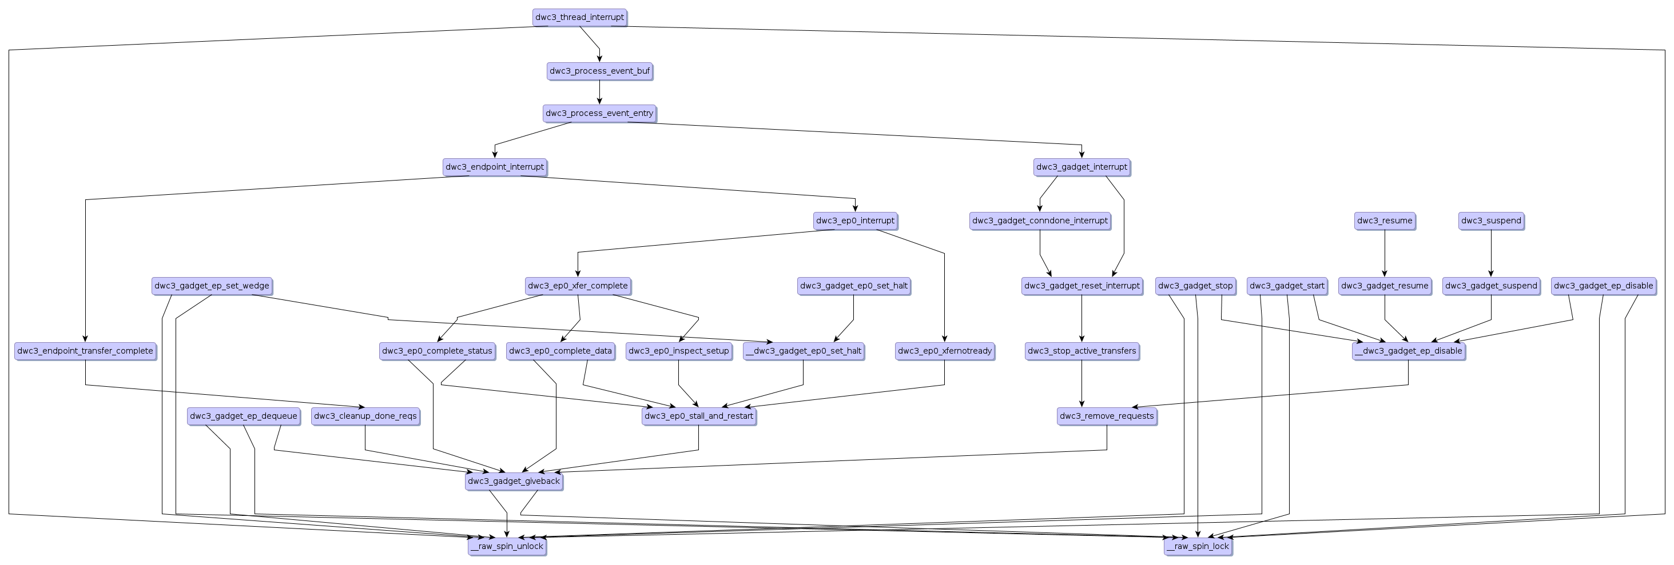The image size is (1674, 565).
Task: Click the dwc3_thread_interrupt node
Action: tap(579, 18)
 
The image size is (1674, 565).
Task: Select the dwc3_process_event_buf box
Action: tap(599, 71)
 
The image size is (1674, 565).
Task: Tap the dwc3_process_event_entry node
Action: tap(599, 114)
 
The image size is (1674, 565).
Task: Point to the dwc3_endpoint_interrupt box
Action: tap(495, 167)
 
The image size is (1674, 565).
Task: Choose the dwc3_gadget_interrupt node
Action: tap(1081, 167)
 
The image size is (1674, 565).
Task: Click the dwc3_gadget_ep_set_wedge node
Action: tap(211, 286)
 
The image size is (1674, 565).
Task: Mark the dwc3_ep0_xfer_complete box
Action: tap(578, 286)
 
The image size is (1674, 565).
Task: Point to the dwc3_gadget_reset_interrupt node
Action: tap(1081, 286)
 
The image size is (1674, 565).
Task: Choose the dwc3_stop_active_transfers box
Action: tap(1081, 351)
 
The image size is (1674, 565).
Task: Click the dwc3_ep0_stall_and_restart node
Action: tap(698, 416)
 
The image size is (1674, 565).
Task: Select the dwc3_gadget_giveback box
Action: tap(514, 481)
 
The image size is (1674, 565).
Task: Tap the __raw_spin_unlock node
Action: tap(507, 546)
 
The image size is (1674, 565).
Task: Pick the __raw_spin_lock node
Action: tap(1198, 546)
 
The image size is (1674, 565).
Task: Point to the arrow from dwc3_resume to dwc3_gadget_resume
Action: tap(1384, 253)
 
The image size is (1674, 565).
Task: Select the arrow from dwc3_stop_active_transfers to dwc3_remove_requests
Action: tap(1081, 383)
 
